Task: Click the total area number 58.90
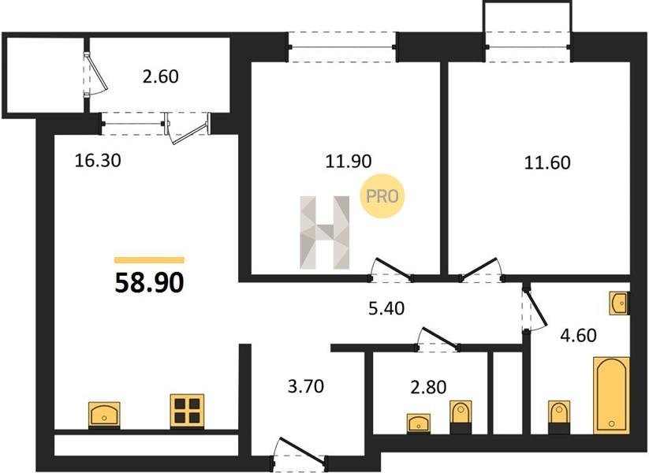tap(149, 283)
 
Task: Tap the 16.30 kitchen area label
tap(98, 161)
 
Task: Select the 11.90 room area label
tap(349, 161)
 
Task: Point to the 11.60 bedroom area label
tap(547, 162)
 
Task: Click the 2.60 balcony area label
tap(161, 77)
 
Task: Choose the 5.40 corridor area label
tap(386, 308)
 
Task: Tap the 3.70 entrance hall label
tap(306, 386)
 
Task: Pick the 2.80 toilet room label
tap(428, 387)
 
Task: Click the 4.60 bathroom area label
tap(578, 335)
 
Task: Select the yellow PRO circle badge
tap(382, 196)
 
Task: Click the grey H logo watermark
tap(325, 232)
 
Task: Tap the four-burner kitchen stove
tap(187, 412)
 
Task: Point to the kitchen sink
tap(104, 414)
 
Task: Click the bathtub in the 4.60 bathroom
tap(611, 395)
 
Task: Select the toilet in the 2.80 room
tap(461, 417)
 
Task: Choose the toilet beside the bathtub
tap(559, 417)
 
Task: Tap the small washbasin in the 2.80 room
tap(419, 423)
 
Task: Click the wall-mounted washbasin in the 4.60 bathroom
tap(619, 303)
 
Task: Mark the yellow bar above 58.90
tap(149, 260)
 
